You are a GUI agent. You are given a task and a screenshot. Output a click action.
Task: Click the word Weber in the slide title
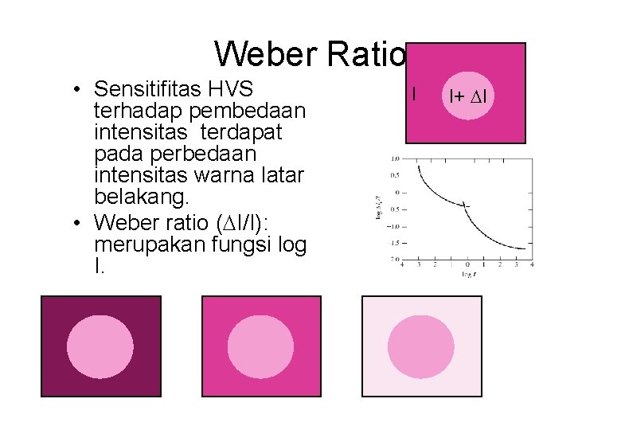click(x=265, y=54)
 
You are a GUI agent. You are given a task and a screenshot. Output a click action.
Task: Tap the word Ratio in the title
click(x=366, y=54)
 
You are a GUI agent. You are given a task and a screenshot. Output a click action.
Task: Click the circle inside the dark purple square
click(x=100, y=346)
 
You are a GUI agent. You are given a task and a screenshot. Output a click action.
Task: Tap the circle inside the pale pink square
click(x=421, y=346)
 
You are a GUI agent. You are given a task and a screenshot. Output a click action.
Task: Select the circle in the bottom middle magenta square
click(x=261, y=346)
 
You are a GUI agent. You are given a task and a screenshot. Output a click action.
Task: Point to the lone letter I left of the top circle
click(x=414, y=94)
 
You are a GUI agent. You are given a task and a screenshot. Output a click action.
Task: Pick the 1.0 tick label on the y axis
click(x=396, y=158)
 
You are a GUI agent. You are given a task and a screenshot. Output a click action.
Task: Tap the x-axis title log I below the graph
click(x=469, y=273)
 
